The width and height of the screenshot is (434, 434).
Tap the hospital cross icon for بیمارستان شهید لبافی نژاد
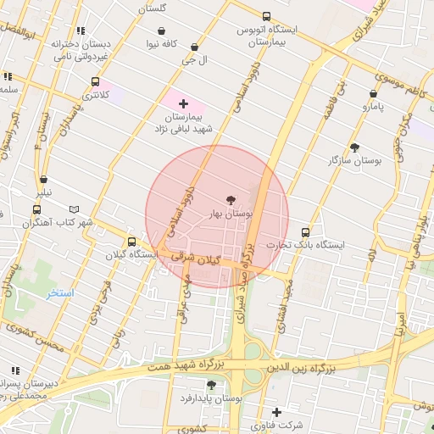pos(183,103)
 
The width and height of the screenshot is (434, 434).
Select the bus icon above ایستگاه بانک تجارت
pos(305,232)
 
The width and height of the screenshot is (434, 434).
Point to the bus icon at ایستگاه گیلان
pos(131,242)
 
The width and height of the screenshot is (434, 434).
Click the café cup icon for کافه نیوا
pos(161,31)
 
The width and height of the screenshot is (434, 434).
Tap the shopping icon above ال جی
pos(196,47)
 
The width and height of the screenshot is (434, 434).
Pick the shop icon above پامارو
pos(373,94)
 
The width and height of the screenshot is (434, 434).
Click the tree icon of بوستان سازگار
pos(354,147)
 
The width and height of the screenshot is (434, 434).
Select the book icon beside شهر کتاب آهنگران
pos(74,209)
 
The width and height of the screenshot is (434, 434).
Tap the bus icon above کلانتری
pos(94,82)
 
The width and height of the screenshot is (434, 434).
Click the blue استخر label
pos(60,292)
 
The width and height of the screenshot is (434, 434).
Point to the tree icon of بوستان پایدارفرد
pos(211,385)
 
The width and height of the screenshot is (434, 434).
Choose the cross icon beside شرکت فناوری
pos(276,412)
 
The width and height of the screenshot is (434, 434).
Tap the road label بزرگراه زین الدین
pos(303,369)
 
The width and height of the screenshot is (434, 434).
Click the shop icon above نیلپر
pos(43,180)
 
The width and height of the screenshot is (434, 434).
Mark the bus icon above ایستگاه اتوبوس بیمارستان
pos(267,16)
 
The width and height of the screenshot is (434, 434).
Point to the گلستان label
pos(152,8)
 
